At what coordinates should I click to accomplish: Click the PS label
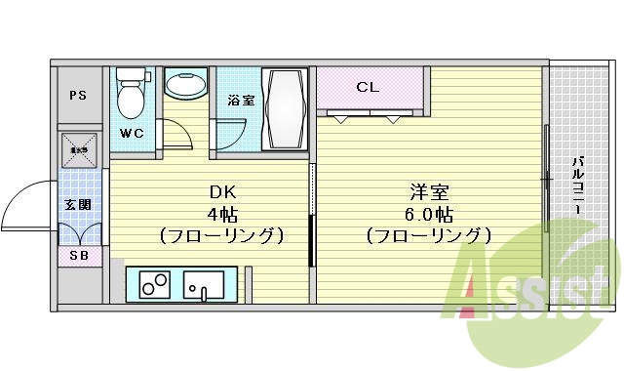78,95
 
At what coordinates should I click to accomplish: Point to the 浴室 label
241,100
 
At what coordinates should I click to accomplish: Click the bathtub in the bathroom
285,109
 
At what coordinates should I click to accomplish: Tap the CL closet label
367,87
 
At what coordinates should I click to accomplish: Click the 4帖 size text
221,214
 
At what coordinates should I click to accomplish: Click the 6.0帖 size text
426,214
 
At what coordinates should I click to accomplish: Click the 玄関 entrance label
78,205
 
